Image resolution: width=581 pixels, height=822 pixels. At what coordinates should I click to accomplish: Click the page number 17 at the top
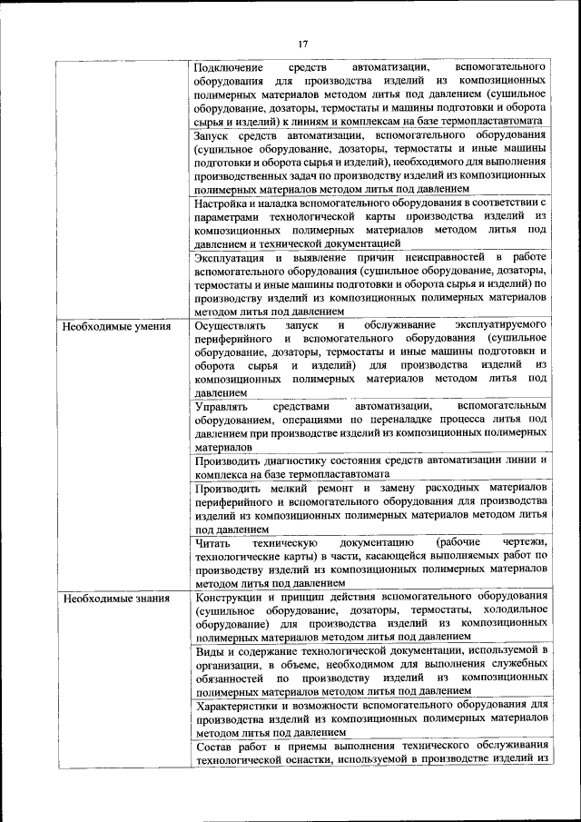(302, 43)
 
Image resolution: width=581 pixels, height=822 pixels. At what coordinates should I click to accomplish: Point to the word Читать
(213, 542)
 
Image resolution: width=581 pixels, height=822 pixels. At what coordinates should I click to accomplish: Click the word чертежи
(522, 542)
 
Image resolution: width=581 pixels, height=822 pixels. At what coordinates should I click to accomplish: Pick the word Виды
(209, 650)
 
